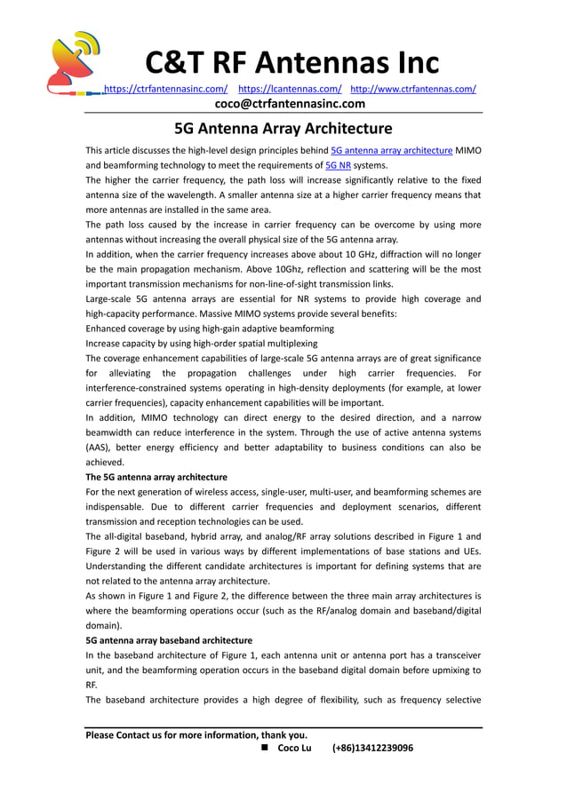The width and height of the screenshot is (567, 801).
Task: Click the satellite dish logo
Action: click(76, 63)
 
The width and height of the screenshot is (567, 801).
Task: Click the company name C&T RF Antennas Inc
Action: click(291, 63)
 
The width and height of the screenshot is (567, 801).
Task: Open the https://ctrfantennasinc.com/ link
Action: click(166, 89)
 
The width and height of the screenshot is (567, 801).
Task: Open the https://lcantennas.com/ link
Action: click(291, 89)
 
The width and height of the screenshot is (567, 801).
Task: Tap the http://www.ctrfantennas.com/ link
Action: click(413, 89)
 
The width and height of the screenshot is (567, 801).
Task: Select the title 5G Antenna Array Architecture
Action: click(283, 129)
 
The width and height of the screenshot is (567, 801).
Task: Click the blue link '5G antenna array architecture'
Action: click(391, 150)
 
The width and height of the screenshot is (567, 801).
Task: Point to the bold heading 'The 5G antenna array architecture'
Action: click(156, 477)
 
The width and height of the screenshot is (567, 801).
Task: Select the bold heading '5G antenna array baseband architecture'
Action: click(169, 640)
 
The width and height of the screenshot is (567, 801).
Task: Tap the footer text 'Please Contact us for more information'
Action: click(196, 734)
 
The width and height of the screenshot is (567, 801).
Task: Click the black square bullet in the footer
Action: click(265, 748)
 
